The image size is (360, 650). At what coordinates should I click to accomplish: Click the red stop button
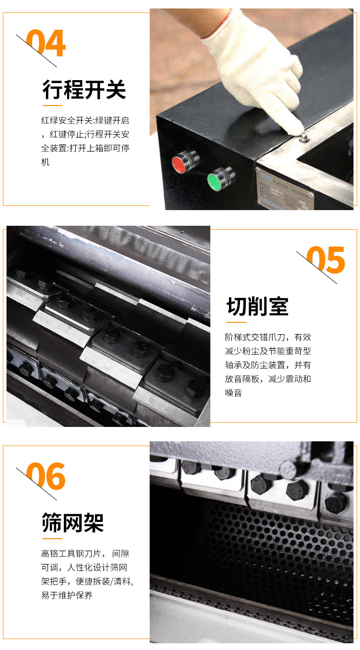tap(180, 164)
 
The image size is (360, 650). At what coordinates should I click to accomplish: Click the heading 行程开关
tap(84, 90)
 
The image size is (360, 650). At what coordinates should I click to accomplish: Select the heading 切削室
tap(257, 307)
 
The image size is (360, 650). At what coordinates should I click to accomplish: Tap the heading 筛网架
tap(73, 522)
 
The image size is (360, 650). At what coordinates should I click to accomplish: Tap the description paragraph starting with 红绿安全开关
tap(85, 141)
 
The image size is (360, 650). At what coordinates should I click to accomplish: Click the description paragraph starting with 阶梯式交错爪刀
tap(268, 365)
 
